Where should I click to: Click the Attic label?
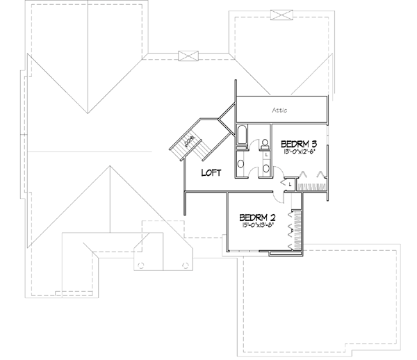click(280, 111)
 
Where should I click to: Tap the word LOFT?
click(211, 174)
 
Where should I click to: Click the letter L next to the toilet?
click(266, 156)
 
